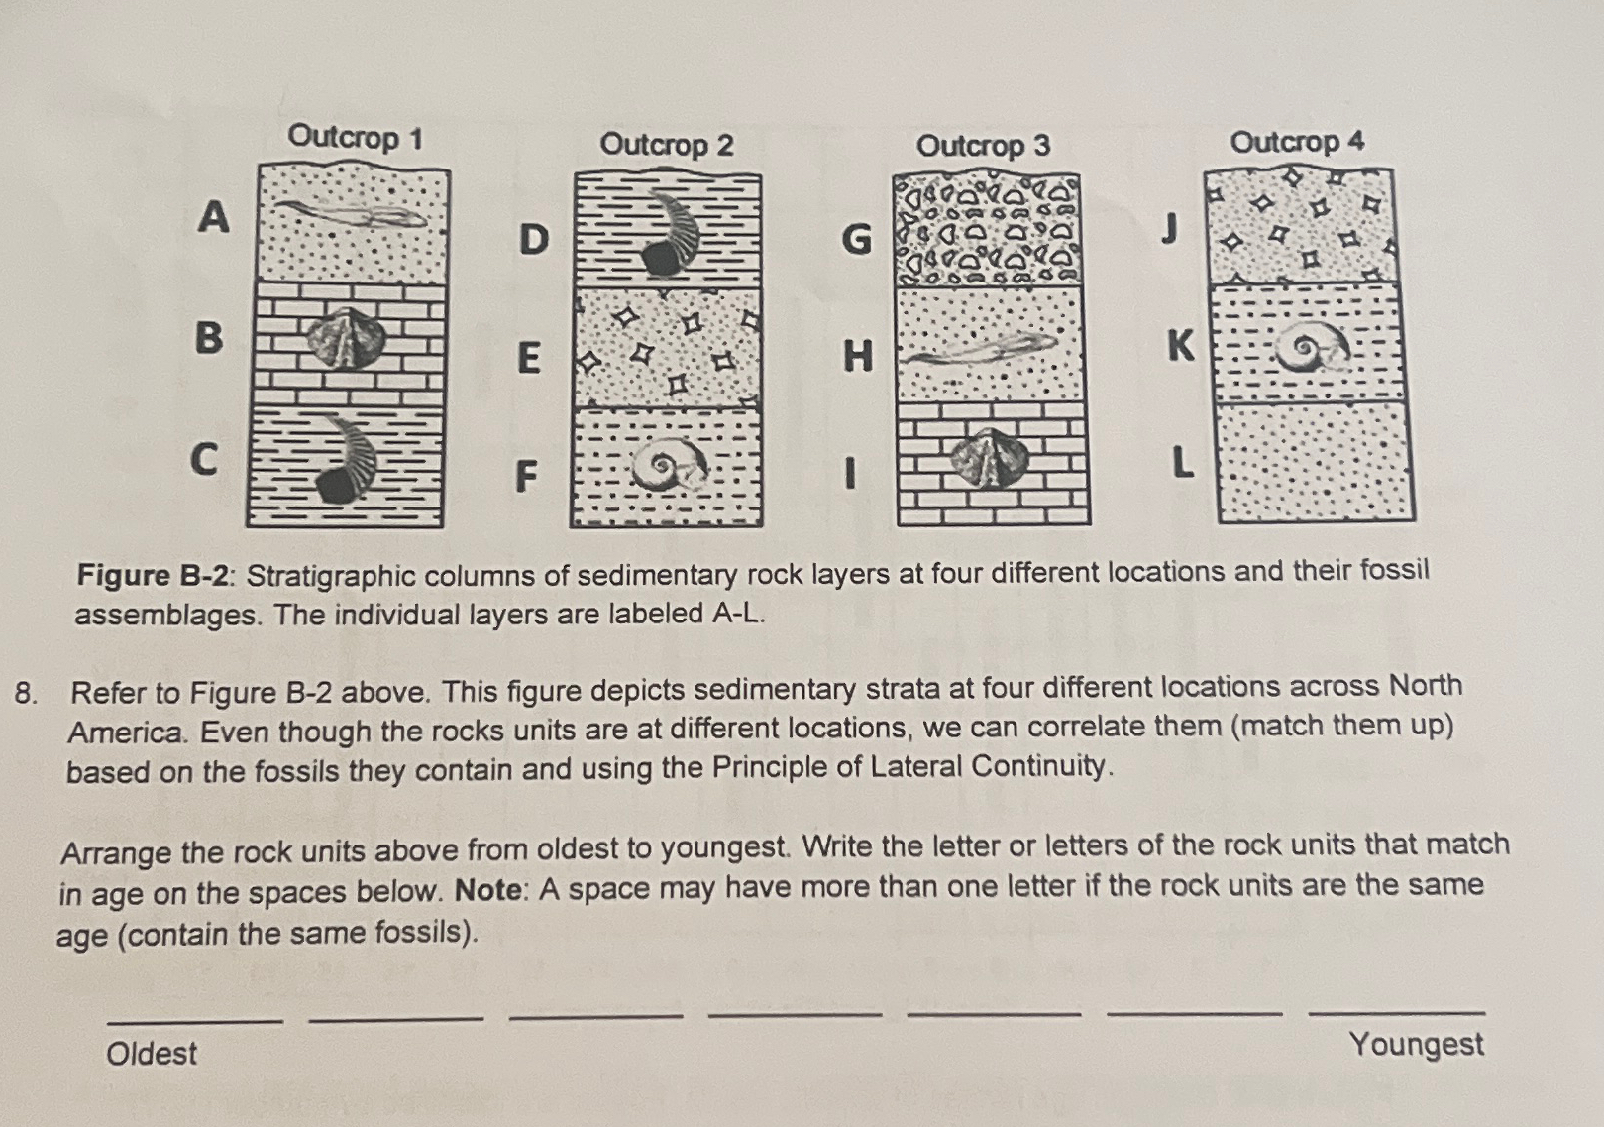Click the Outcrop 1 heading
pyautogui.click(x=355, y=137)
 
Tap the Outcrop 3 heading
pyautogui.click(x=983, y=146)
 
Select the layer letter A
pyautogui.click(x=213, y=216)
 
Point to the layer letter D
pyautogui.click(x=533, y=239)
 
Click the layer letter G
pyautogui.click(x=856, y=239)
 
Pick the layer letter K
pyautogui.click(x=1180, y=346)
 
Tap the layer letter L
pyautogui.click(x=1180, y=462)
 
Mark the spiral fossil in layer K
pyautogui.click(x=1313, y=347)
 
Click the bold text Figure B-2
pyautogui.click(x=158, y=575)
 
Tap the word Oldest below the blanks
pyautogui.click(x=152, y=1053)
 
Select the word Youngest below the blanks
pyautogui.click(x=1416, y=1045)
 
